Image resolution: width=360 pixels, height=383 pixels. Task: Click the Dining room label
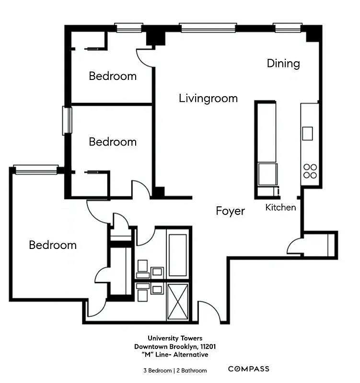pyautogui.click(x=283, y=63)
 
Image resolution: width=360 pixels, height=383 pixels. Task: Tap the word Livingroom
pyautogui.click(x=208, y=99)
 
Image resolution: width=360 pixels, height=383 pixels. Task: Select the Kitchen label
pyautogui.click(x=280, y=207)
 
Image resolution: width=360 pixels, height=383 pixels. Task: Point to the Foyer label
pyautogui.click(x=230, y=211)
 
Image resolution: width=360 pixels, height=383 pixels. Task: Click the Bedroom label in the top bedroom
pyautogui.click(x=113, y=76)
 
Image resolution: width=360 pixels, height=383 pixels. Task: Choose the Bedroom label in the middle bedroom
pyautogui.click(x=113, y=142)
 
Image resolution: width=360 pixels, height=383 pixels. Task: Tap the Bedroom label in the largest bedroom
pyautogui.click(x=53, y=245)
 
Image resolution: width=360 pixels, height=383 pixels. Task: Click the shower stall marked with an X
pyautogui.click(x=178, y=301)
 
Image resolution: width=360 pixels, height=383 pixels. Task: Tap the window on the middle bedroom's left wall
pyautogui.click(x=67, y=121)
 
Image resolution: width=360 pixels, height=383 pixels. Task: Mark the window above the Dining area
pyautogui.click(x=288, y=28)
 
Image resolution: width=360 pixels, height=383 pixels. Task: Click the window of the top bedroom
pyautogui.click(x=129, y=28)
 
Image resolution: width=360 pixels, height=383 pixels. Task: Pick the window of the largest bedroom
pyautogui.click(x=35, y=169)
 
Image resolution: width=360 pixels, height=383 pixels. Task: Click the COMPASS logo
pyautogui.click(x=248, y=369)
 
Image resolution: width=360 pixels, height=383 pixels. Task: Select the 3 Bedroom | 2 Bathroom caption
pyautogui.click(x=174, y=370)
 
